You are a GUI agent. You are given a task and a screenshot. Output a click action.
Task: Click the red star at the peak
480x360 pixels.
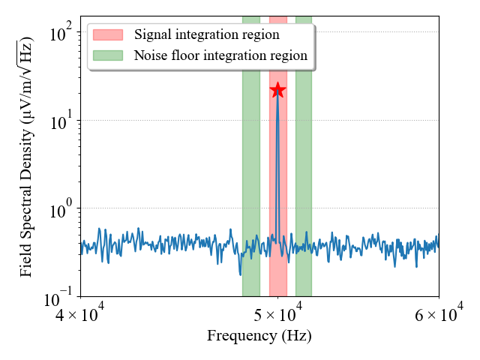277,90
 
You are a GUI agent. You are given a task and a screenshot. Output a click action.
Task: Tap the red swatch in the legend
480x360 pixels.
108,35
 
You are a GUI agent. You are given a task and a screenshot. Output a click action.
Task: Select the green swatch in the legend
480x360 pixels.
108,55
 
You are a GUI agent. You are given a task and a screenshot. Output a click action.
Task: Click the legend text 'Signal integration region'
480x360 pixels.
207,34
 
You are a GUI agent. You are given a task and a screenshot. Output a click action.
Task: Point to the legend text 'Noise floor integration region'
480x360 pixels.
220,55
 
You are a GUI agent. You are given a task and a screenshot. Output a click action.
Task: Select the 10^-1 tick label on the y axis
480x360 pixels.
58,297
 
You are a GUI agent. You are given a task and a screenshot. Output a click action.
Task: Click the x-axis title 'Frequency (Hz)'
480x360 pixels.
259,336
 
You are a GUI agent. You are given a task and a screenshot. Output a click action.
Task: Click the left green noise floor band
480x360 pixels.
251,156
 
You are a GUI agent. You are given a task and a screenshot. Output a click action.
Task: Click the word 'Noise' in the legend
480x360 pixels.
149,55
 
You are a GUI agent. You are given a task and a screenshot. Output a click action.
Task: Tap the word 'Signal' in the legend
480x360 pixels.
153,35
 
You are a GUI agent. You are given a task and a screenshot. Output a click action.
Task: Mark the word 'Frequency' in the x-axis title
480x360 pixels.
241,336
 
